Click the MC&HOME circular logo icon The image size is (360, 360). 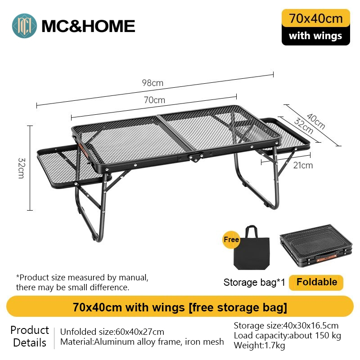click(x=25, y=26)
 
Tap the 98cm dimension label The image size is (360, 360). click(x=153, y=83)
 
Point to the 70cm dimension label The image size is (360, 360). click(x=154, y=100)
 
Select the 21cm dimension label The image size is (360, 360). click(x=303, y=165)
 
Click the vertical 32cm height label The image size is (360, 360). click(x=21, y=168)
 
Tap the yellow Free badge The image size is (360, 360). click(x=231, y=240)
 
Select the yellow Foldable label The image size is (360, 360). click(x=316, y=282)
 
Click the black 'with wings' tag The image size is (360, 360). click(x=315, y=36)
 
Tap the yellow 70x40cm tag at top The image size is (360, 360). click(x=315, y=18)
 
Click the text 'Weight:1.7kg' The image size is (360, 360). click(x=259, y=346)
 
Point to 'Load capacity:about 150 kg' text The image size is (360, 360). click(x=287, y=335)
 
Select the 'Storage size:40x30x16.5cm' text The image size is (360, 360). click(x=286, y=325)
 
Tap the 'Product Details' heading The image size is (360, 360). click(x=30, y=337)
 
